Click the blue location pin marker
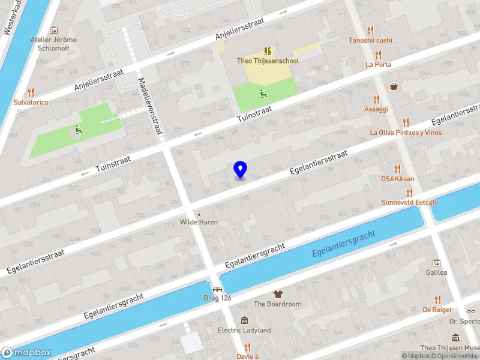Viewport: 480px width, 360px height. click(x=240, y=170)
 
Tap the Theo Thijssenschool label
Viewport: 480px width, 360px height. click(x=267, y=61)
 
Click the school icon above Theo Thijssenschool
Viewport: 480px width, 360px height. click(x=267, y=51)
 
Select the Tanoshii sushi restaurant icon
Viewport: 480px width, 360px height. click(x=370, y=30)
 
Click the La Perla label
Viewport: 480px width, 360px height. click(x=379, y=64)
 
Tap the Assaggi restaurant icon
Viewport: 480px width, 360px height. click(x=376, y=99)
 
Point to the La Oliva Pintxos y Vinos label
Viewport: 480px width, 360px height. click(x=406, y=133)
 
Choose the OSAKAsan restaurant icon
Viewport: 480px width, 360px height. click(x=397, y=169)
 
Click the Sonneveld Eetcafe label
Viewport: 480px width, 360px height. click(x=409, y=202)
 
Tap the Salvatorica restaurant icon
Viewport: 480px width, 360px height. click(x=31, y=92)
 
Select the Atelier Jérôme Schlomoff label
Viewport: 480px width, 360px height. click(x=53, y=44)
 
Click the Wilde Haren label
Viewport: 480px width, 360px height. click(x=199, y=222)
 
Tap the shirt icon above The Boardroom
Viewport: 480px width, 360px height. click(x=277, y=294)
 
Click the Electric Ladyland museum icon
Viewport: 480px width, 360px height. click(x=244, y=320)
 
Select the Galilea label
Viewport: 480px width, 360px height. click(x=436, y=272)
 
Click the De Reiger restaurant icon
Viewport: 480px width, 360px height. click(x=437, y=299)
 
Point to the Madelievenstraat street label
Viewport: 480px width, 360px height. click(x=151, y=107)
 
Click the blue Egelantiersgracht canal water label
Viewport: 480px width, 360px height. click(x=343, y=245)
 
